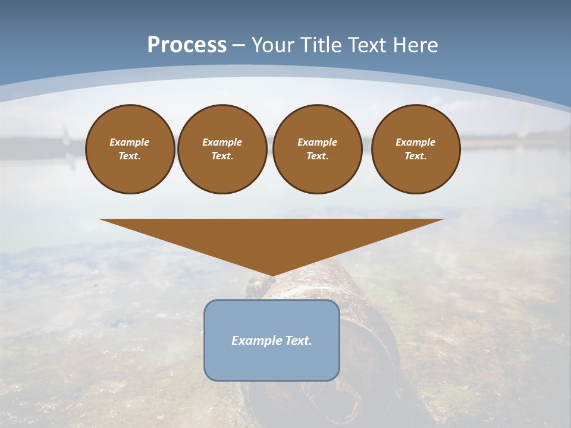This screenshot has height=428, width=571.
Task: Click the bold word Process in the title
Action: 187,45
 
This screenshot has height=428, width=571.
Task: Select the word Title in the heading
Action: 321,45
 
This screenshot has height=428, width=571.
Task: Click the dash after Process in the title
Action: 239,46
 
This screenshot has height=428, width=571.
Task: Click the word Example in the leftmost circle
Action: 130,142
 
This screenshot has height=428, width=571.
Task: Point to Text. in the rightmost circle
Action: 416,156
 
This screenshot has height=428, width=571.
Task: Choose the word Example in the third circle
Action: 317,142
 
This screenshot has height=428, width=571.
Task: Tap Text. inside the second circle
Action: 222,156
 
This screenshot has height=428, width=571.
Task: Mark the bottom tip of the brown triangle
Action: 272,275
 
